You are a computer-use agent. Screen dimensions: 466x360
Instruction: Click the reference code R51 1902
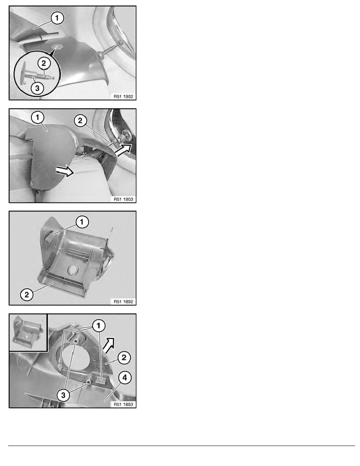tap(123, 96)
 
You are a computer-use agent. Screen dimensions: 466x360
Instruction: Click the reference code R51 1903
tap(123, 199)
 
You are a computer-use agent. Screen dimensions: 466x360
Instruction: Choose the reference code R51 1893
tap(123, 403)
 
